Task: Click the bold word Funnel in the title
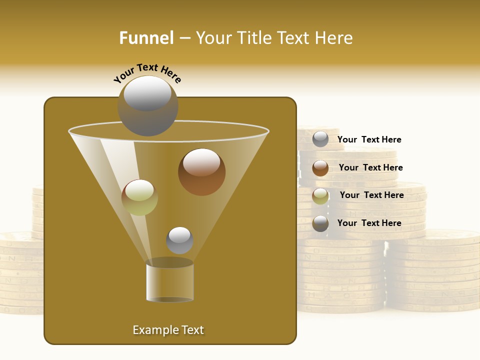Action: click(x=146, y=38)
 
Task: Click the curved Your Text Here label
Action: click(x=147, y=73)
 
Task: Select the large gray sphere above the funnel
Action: click(x=147, y=106)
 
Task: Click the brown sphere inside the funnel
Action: click(x=201, y=172)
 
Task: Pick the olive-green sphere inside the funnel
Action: click(x=139, y=197)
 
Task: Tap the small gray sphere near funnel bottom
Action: click(x=179, y=240)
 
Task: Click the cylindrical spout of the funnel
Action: click(x=170, y=282)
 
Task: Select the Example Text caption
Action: click(x=168, y=330)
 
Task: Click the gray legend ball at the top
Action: click(x=320, y=139)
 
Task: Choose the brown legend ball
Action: click(x=320, y=168)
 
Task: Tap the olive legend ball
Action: click(x=320, y=196)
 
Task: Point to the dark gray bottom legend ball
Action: click(x=320, y=223)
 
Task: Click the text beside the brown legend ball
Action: click(x=370, y=167)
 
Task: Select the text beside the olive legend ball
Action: click(x=371, y=195)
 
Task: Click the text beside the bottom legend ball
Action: click(x=369, y=223)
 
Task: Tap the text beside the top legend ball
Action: click(x=369, y=139)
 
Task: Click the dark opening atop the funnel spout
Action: click(x=170, y=262)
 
